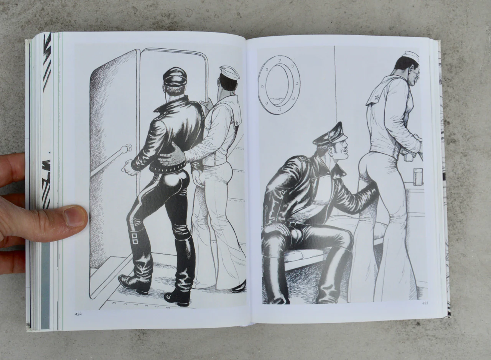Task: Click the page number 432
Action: point(78,314)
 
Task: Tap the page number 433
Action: point(425,303)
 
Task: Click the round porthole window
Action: point(279,85)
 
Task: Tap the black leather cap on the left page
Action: point(175,76)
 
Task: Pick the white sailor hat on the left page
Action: point(229,73)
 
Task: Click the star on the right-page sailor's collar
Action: point(377,97)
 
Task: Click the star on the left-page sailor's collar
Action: point(237,123)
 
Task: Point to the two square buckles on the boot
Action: point(135,238)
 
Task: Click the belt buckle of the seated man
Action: point(290,224)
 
